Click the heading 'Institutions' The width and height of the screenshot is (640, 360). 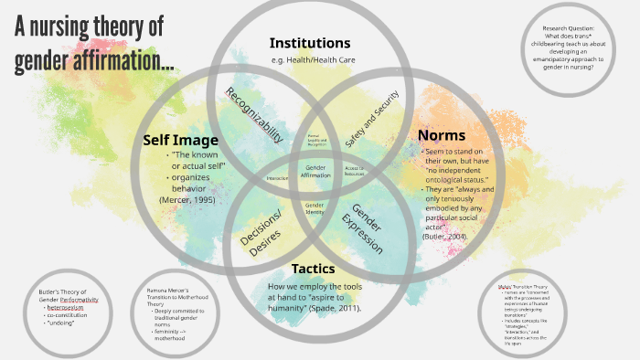pos(309,43)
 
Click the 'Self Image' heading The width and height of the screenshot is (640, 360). pos(180,140)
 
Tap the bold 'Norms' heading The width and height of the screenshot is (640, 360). pos(442,135)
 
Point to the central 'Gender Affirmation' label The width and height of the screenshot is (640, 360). pos(316,171)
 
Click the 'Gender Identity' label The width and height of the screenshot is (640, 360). pos(315,207)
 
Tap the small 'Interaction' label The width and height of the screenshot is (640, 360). pos(277,178)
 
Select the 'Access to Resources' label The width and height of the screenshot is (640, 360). pos(355,171)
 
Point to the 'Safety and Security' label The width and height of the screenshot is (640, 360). pos(372,119)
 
